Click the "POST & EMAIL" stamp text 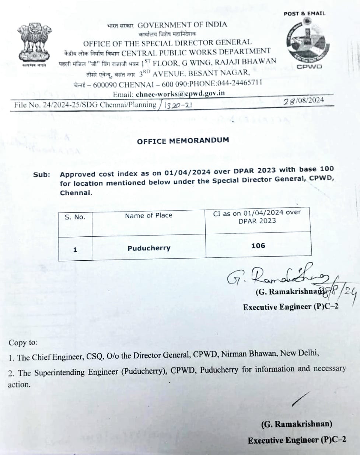(x=304, y=14)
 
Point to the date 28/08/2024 (x=304, y=100)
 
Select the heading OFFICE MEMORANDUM (x=183, y=140)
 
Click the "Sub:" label (x=42, y=174)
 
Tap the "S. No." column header (x=75, y=217)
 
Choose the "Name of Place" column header (x=148, y=216)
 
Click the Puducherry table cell (x=149, y=248)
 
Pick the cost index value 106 (x=258, y=246)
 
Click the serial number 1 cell (x=75, y=250)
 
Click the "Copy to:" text (x=23, y=343)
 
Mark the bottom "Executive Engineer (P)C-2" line (x=297, y=440)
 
